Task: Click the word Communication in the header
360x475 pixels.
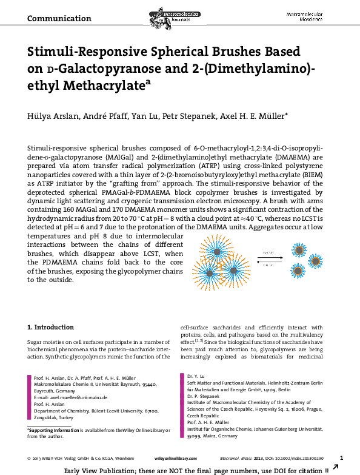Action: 59,18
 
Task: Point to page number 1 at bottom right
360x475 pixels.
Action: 342,457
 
